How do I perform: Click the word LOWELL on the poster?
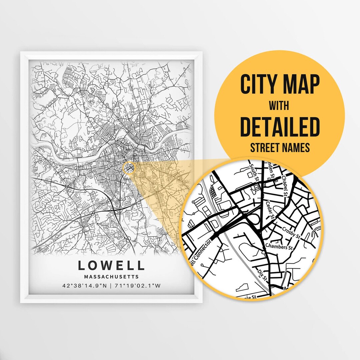[x=111, y=265]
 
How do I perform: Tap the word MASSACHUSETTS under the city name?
[x=111, y=277]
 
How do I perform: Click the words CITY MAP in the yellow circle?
[x=280, y=85]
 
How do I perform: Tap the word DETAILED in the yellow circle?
[x=280, y=127]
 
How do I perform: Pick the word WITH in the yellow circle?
[x=280, y=106]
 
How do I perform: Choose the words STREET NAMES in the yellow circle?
[x=280, y=147]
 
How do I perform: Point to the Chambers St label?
[x=279, y=247]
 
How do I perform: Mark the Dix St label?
[x=262, y=276]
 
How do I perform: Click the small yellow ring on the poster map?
[x=128, y=168]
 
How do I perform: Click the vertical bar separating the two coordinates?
[x=111, y=286]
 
